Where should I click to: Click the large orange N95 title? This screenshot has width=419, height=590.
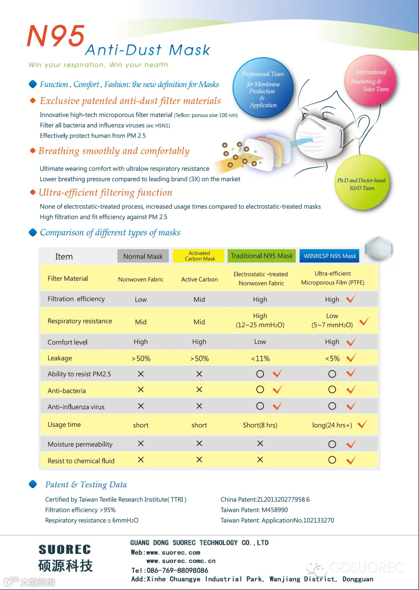click(56, 36)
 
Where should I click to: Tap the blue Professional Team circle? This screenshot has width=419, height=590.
click(263, 89)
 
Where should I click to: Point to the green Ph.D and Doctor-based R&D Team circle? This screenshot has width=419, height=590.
click(362, 183)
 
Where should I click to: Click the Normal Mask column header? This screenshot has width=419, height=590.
click(143, 256)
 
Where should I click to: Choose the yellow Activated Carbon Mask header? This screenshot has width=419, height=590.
click(200, 256)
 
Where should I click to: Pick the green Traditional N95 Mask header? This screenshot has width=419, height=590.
click(262, 256)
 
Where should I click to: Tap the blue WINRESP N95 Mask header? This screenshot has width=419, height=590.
click(330, 256)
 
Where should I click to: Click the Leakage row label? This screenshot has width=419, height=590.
click(60, 358)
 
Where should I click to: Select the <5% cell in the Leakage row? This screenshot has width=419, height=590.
click(332, 358)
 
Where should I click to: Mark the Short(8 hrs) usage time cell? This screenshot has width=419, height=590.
click(260, 425)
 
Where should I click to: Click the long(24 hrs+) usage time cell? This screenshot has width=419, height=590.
click(332, 425)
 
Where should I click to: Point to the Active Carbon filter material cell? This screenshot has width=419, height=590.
click(199, 279)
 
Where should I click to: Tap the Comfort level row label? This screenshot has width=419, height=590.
click(68, 342)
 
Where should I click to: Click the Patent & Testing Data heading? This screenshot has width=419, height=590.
click(86, 484)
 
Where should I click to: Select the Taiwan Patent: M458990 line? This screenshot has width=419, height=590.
click(254, 510)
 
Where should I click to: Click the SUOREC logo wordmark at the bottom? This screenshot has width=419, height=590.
click(65, 550)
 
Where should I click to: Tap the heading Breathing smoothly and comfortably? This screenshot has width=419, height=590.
click(114, 151)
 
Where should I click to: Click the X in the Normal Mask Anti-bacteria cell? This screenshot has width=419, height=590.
click(141, 390)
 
